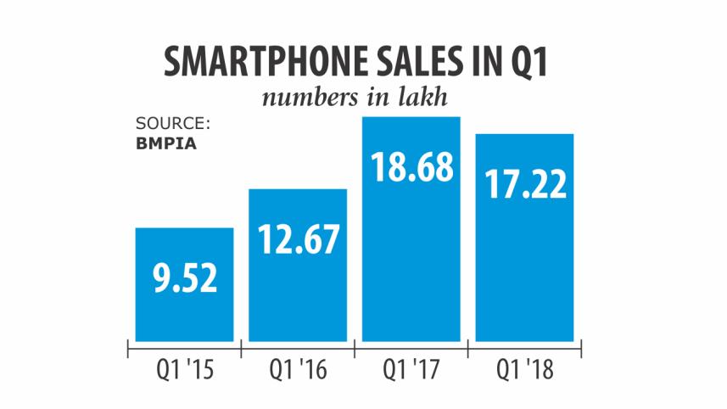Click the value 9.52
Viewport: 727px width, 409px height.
pyautogui.click(x=184, y=277)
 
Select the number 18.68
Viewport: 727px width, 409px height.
pyautogui.click(x=411, y=166)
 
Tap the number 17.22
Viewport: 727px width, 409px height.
pyautogui.click(x=525, y=183)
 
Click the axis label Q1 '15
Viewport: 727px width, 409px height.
pyautogui.click(x=183, y=370)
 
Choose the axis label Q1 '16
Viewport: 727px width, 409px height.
pyautogui.click(x=297, y=370)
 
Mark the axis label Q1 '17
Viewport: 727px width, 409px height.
pyautogui.click(x=411, y=370)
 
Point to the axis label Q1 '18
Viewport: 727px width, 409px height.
pyautogui.click(x=525, y=370)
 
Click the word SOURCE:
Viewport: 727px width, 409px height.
pyautogui.click(x=172, y=124)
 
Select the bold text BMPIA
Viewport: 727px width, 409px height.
pyautogui.click(x=166, y=143)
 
